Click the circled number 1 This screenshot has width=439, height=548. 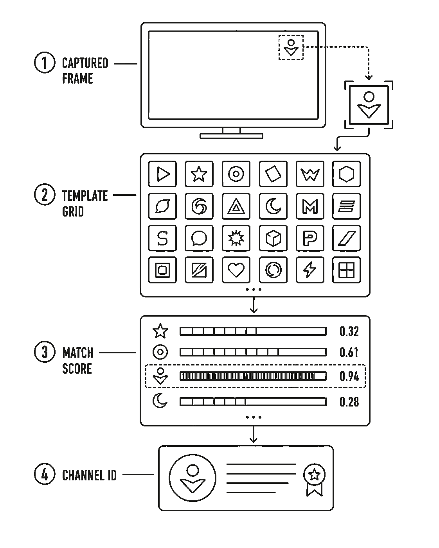45,63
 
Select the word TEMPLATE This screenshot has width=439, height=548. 85,196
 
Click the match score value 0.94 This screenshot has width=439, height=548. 349,376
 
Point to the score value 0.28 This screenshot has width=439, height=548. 349,402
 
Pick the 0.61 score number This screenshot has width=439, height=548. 349,352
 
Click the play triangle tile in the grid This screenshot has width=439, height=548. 163,174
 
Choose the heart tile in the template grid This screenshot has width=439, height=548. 236,270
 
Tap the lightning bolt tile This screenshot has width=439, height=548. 310,270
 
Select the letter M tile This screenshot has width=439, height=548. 310,206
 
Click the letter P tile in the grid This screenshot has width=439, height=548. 310,238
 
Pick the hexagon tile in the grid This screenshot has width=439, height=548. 346,174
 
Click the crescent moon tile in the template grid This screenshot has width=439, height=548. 273,206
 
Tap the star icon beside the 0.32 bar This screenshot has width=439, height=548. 160,331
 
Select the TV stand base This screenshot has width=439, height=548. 231,136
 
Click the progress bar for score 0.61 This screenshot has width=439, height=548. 253,352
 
